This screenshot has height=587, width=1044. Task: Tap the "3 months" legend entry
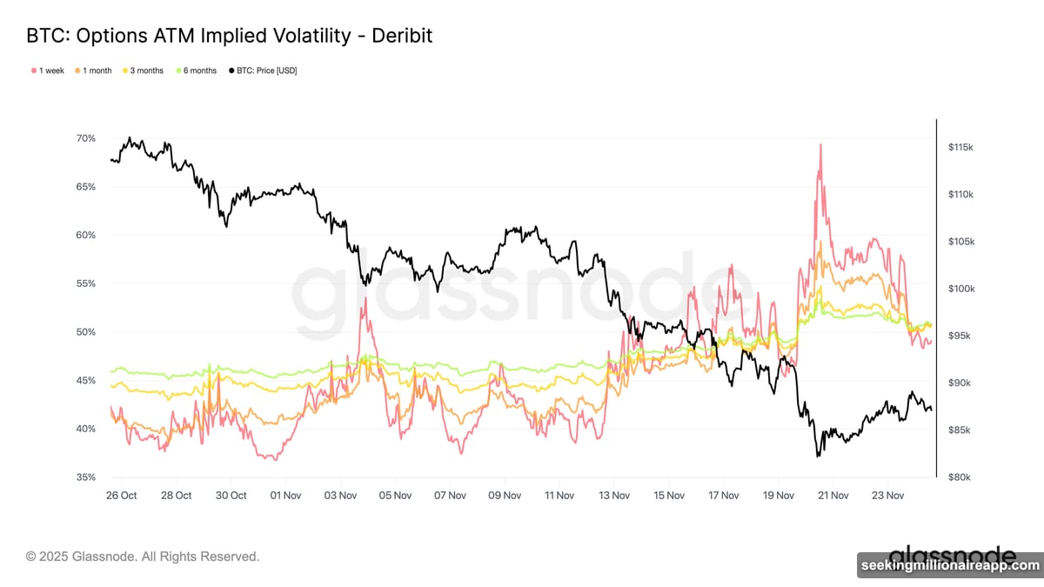(x=144, y=70)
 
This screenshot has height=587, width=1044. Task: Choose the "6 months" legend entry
(x=197, y=70)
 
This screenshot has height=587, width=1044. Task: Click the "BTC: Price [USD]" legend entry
(x=262, y=70)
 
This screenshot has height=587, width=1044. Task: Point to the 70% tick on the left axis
(x=85, y=138)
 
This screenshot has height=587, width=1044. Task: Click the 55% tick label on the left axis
(x=85, y=283)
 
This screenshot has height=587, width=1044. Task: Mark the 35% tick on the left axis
(x=85, y=477)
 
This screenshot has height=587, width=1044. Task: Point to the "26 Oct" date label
(x=121, y=496)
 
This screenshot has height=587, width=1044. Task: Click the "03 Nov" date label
(x=340, y=496)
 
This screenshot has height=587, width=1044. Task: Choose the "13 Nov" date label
(x=614, y=496)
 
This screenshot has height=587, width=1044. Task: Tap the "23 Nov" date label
(x=887, y=496)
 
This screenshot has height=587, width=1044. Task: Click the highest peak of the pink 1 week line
(x=820, y=145)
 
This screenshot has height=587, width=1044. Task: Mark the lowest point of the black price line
(x=818, y=456)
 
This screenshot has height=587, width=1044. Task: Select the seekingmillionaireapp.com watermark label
(x=949, y=565)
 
